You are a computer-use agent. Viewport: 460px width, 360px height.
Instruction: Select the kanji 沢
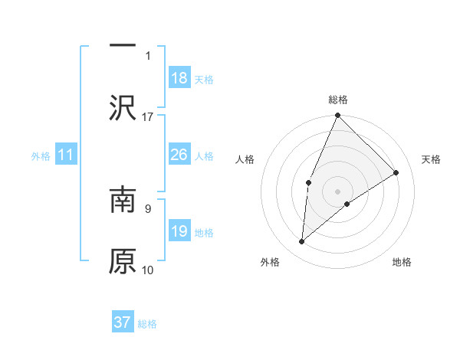(x=123, y=107)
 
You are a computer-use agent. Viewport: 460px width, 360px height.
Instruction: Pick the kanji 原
(x=123, y=260)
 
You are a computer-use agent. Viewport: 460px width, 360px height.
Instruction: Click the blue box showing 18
(x=179, y=78)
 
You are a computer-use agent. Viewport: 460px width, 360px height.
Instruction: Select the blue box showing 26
(x=179, y=155)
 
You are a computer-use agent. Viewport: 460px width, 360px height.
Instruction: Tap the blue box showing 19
(x=179, y=231)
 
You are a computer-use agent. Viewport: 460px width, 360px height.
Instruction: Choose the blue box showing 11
(x=66, y=155)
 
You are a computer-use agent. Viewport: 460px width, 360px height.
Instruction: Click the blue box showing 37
(x=123, y=322)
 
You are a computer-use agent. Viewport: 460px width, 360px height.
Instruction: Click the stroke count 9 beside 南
(x=148, y=208)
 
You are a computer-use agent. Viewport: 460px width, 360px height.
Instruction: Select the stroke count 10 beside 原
(x=148, y=270)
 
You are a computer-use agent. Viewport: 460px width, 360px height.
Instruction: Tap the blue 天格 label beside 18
(x=204, y=80)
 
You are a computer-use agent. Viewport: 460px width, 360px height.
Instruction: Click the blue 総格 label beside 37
(x=147, y=324)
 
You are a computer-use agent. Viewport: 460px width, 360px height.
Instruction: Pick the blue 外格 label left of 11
(x=41, y=156)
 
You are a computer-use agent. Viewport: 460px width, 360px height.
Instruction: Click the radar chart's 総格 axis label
(x=337, y=100)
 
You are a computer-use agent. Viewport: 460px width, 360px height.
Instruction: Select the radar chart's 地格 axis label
(x=402, y=263)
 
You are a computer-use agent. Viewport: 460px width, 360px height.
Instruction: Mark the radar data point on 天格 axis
(x=396, y=172)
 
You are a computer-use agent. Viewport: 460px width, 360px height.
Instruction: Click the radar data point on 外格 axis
(x=302, y=242)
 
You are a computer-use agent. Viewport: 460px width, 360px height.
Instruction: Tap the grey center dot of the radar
(x=337, y=191)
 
